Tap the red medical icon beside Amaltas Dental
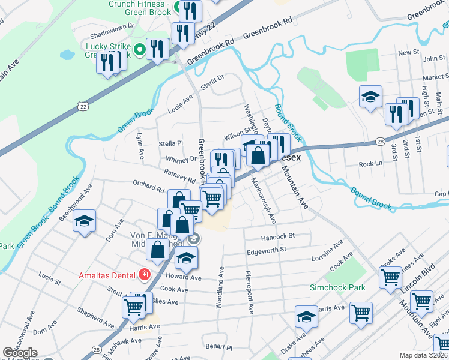144,275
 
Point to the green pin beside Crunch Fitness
178,8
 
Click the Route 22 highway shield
82,106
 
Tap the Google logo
19,353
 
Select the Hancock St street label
279,236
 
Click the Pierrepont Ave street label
247,292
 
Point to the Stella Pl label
170,143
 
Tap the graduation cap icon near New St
370,95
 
